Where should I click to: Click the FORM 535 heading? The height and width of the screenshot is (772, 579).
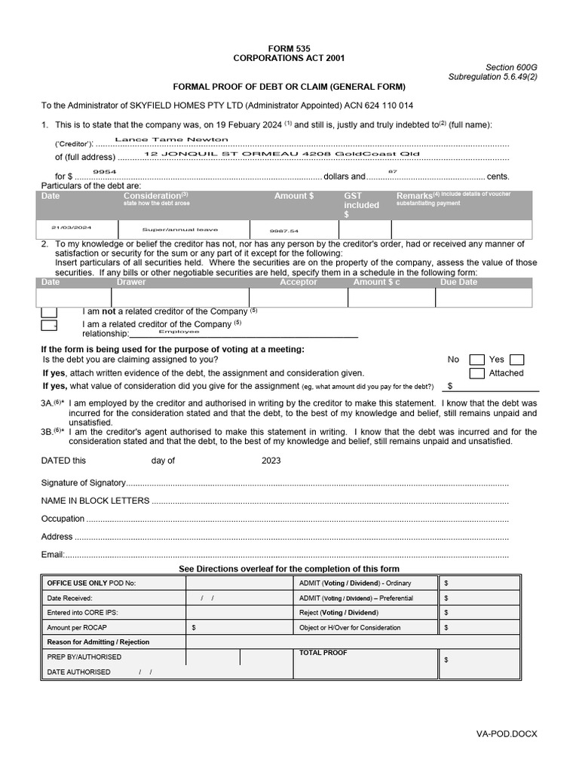click(289, 47)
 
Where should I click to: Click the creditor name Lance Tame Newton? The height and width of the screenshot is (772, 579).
click(171, 139)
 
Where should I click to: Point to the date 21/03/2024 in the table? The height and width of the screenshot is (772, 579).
click(71, 227)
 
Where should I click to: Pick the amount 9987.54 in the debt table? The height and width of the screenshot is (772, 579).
click(284, 231)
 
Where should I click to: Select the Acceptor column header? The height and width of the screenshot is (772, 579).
click(299, 282)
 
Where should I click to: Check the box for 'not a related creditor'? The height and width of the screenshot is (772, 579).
click(49, 311)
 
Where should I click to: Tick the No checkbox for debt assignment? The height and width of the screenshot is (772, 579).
click(476, 360)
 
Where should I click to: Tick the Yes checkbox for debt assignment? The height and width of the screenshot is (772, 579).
click(516, 360)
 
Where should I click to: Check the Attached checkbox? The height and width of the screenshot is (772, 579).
click(476, 373)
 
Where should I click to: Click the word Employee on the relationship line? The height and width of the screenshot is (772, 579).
click(179, 331)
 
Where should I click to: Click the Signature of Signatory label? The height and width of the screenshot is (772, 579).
click(82, 482)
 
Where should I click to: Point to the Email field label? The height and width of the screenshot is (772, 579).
click(52, 555)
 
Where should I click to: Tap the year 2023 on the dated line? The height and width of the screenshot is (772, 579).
click(271, 461)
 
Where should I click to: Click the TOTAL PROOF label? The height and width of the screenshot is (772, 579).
click(323, 652)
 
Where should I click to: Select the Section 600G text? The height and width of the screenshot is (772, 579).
click(511, 67)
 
